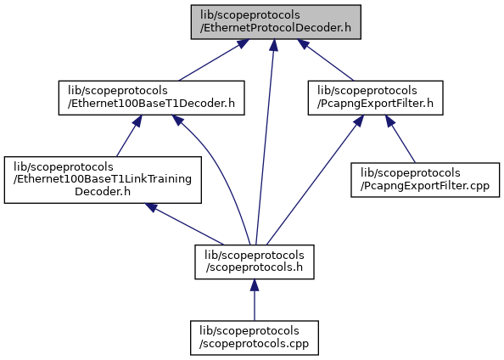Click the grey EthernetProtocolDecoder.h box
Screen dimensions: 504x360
[276, 22]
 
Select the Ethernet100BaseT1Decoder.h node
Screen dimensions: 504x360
[151, 98]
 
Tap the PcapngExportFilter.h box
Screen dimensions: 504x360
[375, 98]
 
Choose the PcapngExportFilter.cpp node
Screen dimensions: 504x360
[425, 180]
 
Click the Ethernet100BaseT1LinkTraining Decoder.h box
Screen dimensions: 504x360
[103, 180]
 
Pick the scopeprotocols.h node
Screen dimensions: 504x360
[255, 262]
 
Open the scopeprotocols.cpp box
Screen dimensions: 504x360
[255, 338]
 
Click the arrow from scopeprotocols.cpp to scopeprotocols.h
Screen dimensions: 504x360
[255, 300]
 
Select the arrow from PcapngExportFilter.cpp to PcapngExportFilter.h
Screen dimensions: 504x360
[400, 139]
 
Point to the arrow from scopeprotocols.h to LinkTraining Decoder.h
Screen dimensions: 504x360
[184, 224]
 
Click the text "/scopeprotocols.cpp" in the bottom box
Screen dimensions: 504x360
[254, 344]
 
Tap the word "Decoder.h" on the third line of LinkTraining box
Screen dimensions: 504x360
[103, 191]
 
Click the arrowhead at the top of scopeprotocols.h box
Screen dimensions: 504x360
[255, 285]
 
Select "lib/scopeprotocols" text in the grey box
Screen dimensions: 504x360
[250, 15]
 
